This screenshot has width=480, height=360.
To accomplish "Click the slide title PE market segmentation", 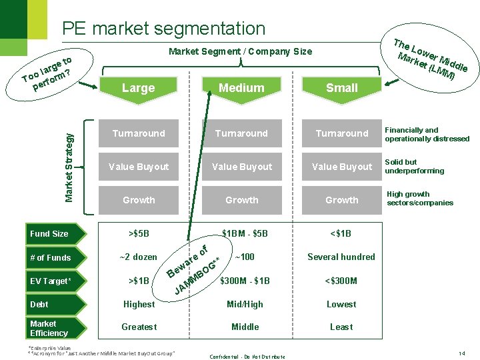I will point(163,29).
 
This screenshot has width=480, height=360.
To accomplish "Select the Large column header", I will point(139,87).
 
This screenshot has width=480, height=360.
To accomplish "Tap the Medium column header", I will point(241,87).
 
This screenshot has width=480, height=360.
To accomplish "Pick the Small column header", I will point(342,87).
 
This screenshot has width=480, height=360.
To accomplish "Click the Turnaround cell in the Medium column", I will point(241,133).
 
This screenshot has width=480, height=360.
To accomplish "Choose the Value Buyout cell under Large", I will point(139,167).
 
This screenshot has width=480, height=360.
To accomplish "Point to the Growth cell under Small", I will point(342,200).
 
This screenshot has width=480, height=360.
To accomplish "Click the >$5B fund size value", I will point(139,234).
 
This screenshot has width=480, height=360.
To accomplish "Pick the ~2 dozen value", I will point(139,257).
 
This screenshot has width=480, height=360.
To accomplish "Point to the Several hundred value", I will point(341,257).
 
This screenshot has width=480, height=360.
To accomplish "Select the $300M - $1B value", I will point(245,281).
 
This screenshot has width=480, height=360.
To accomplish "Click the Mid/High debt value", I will point(245,305).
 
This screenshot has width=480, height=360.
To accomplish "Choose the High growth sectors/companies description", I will point(420,199).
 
